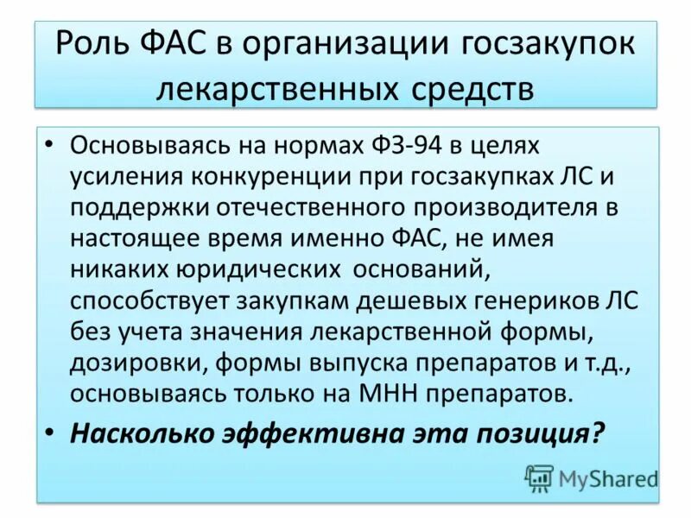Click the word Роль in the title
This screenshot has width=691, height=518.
point(93,44)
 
